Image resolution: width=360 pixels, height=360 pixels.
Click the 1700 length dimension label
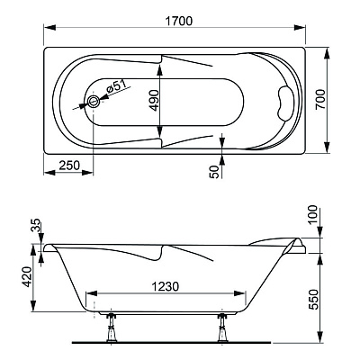click(179, 22)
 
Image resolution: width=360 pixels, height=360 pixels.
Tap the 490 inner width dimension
click(155, 100)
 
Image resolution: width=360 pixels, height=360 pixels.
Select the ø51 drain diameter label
click(115, 86)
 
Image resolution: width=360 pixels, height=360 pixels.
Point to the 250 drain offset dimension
click(69, 165)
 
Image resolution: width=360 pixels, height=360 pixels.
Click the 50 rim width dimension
click(214, 172)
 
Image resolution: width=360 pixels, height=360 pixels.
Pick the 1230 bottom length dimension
click(165, 286)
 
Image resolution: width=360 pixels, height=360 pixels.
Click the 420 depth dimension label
click(28, 276)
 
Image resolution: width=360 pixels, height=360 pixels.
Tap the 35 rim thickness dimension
click(35, 225)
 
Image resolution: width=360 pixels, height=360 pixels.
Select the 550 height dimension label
click(312, 299)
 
